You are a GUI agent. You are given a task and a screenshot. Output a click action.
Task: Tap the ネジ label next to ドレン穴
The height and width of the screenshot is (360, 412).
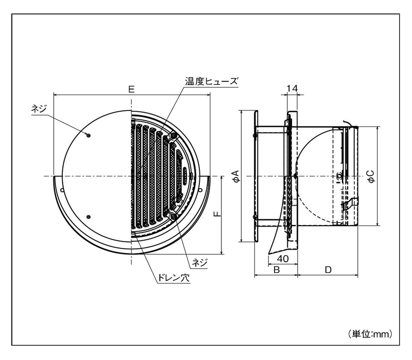200,262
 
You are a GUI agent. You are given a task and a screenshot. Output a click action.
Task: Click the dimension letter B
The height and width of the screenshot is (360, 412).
277,270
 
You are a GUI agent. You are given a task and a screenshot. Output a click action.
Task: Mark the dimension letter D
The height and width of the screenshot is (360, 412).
328,270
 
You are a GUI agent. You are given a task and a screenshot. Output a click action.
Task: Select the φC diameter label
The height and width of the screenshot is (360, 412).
371,176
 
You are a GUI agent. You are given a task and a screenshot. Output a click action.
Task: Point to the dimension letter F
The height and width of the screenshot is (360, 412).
218,213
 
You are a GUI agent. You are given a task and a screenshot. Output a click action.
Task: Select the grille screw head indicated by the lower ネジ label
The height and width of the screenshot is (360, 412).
174,216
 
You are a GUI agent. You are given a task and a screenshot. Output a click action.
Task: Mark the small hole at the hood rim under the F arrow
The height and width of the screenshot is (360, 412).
200,190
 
